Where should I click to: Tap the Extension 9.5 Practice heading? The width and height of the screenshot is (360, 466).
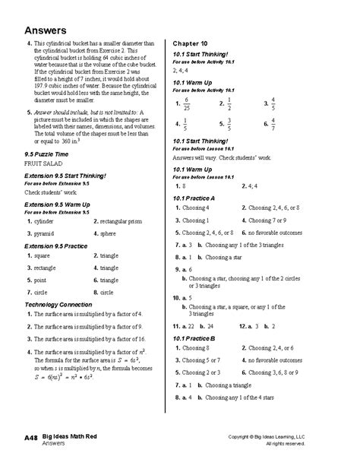[56, 247]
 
